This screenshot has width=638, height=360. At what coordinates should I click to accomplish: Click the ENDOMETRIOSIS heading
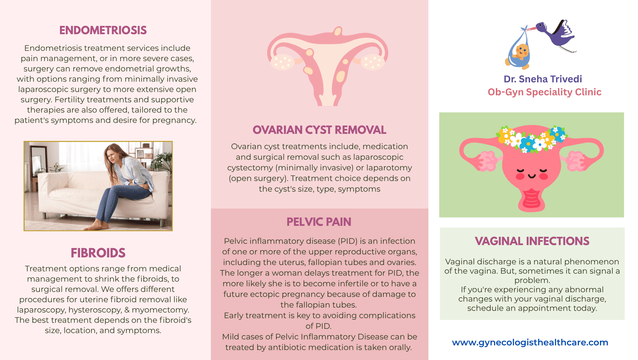(x=103, y=30)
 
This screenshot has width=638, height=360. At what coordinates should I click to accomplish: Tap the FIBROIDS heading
(x=98, y=253)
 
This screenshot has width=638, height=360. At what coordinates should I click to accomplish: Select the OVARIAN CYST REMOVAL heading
(x=319, y=130)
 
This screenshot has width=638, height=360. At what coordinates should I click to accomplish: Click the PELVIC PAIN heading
(x=319, y=222)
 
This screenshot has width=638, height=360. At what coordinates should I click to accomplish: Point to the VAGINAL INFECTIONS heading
(x=532, y=241)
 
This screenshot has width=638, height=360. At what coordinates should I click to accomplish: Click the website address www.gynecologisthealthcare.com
(x=530, y=342)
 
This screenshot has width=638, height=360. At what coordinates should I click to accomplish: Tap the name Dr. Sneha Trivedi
(x=543, y=79)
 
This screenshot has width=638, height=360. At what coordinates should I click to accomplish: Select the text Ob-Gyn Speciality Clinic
(x=544, y=92)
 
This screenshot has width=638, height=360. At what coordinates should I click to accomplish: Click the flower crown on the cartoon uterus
(x=532, y=138)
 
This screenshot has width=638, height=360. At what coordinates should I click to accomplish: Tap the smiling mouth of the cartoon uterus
(x=532, y=176)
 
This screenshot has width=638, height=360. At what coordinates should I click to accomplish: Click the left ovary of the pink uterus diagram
(x=282, y=62)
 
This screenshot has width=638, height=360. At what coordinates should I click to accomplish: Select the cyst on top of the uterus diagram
(x=338, y=32)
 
